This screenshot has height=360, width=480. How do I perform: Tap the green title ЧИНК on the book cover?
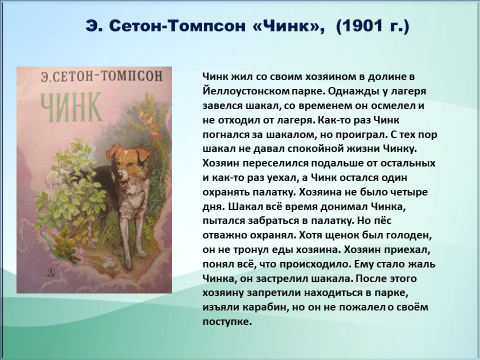click(71, 107)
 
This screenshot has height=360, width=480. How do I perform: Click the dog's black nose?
click(119, 175)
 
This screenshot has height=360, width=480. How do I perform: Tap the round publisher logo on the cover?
click(51, 272)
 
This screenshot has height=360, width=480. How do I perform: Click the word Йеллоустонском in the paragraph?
click(245, 91)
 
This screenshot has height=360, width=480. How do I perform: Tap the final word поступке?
click(227, 322)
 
